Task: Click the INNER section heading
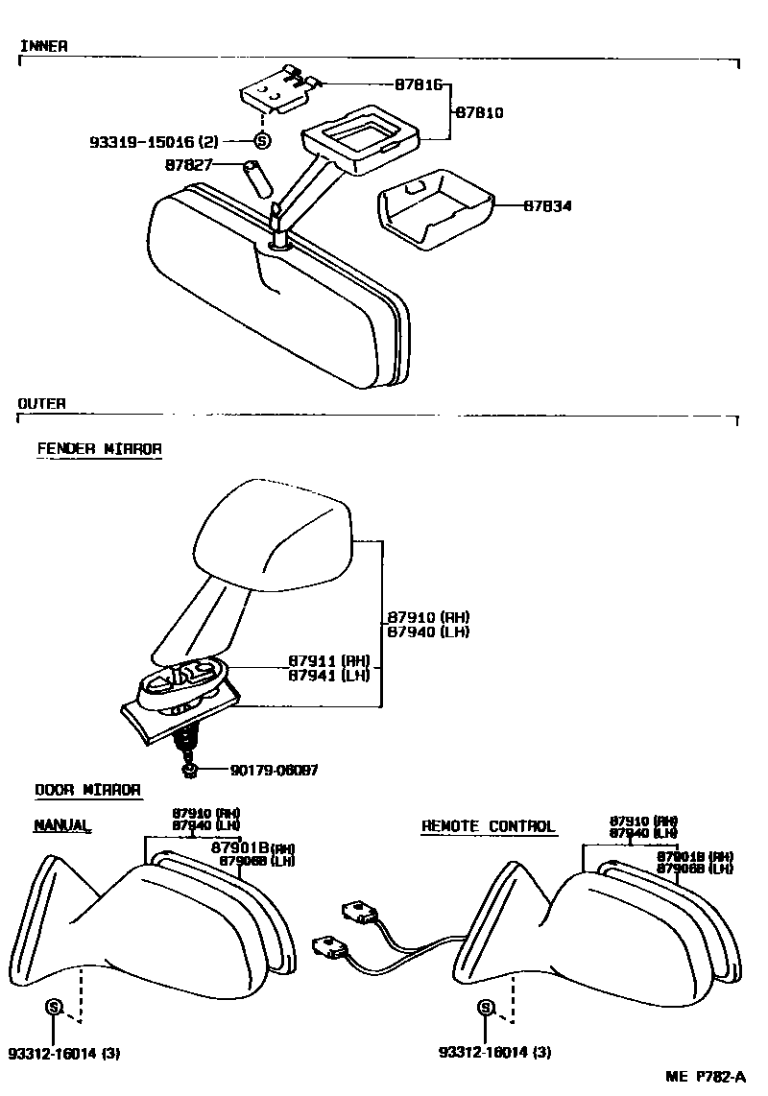click(x=43, y=46)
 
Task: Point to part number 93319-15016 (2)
click(x=154, y=142)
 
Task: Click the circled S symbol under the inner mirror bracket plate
click(x=263, y=141)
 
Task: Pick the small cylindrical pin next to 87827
click(x=256, y=178)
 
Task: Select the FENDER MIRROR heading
click(x=99, y=448)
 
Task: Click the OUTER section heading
click(x=42, y=404)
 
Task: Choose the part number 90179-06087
click(x=274, y=770)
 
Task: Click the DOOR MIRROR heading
click(x=88, y=790)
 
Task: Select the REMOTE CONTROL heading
click(x=488, y=826)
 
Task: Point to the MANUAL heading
click(x=62, y=824)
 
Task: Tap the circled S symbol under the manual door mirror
click(x=54, y=1007)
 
